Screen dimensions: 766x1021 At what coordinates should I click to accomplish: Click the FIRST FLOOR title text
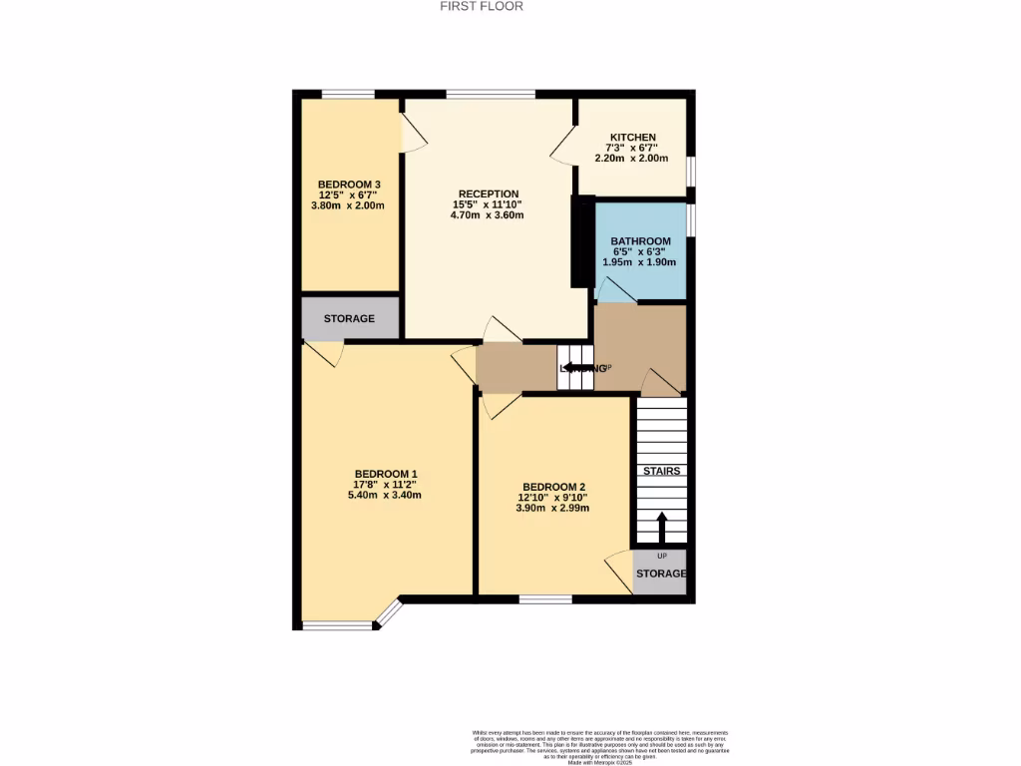pyautogui.click(x=482, y=6)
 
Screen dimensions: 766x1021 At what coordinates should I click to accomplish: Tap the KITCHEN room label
pyautogui.click(x=633, y=138)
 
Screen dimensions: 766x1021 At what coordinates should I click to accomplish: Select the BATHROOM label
pyautogui.click(x=640, y=241)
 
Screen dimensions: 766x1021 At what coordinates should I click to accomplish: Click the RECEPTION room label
pyautogui.click(x=489, y=193)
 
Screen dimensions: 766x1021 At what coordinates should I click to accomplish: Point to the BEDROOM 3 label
pyautogui.click(x=349, y=185)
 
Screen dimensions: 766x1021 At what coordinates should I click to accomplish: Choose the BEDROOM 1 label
pyautogui.click(x=386, y=474)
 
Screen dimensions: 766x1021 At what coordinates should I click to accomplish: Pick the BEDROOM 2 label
pyautogui.click(x=552, y=487)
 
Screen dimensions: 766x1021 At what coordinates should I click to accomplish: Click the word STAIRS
pyautogui.click(x=661, y=471)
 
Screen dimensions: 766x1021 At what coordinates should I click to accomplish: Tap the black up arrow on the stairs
pyautogui.click(x=661, y=525)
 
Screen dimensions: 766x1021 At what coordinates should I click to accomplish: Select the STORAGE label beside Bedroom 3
pyautogui.click(x=349, y=319)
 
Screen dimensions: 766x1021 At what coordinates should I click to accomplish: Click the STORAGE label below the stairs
pyautogui.click(x=661, y=574)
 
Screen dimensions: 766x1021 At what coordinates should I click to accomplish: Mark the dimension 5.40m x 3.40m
pyautogui.click(x=386, y=495)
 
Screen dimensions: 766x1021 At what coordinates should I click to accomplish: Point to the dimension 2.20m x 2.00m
pyautogui.click(x=632, y=159)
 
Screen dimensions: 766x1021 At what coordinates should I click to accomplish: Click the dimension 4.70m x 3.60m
pyautogui.click(x=489, y=214)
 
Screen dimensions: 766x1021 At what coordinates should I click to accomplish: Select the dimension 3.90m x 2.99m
pyautogui.click(x=552, y=508)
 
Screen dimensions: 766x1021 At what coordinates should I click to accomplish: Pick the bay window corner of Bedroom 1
pyautogui.click(x=389, y=614)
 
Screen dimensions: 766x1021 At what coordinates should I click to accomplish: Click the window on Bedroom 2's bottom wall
pyautogui.click(x=545, y=599)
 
